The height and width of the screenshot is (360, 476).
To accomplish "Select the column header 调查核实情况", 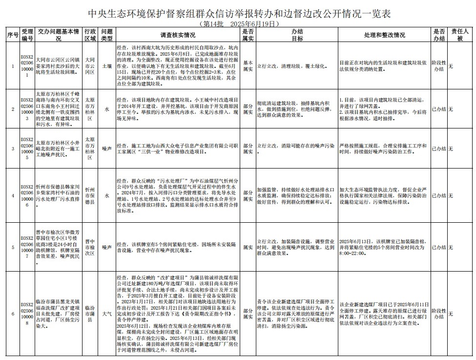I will (x=178, y=35).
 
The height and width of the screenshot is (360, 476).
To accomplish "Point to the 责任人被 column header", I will (x=460, y=35).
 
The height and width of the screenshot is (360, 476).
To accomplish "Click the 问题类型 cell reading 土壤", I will (x=107, y=65).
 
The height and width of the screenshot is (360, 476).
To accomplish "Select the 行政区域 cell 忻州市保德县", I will (x=90, y=195).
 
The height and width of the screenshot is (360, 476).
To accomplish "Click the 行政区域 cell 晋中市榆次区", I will (x=90, y=247).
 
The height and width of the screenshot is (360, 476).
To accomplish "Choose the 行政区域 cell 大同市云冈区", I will (x=90, y=65).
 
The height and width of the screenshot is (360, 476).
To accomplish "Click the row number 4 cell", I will (x=13, y=195).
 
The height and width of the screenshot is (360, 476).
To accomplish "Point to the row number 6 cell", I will (x=13, y=313).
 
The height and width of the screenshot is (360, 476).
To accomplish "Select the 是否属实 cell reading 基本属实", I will (x=248, y=65).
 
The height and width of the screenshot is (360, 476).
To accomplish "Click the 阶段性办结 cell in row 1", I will (x=439, y=65).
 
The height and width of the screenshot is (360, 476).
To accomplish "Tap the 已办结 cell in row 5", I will (x=439, y=247).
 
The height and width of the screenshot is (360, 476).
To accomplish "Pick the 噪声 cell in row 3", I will (x=107, y=148).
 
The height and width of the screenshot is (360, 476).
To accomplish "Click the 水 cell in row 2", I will (x=107, y=109).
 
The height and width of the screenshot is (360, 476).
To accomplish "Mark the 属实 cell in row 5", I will (x=248, y=247).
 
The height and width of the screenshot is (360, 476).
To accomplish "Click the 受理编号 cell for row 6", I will (x=27, y=313).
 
